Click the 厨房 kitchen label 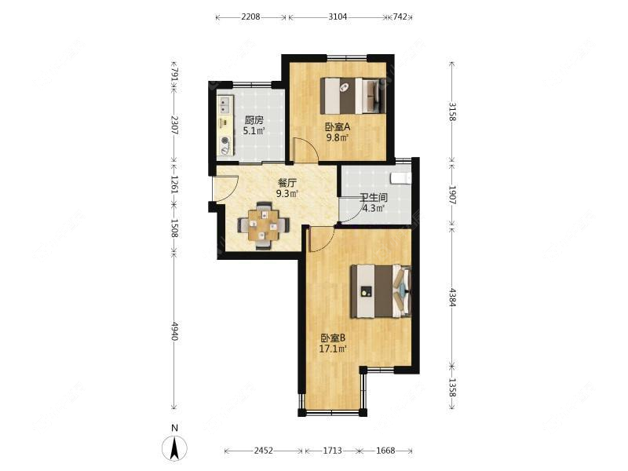click(254, 120)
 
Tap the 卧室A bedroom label click(338, 127)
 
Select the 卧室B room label click(332, 338)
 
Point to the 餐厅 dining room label click(287, 184)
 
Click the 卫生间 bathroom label click(374, 198)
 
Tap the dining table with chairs click(263, 226)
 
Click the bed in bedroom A click(352, 96)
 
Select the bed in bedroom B click(381, 291)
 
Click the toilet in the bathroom click(401, 177)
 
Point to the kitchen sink click(225, 104)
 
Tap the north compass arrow click(174, 448)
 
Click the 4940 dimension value click(174, 330)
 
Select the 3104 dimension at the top click(338, 16)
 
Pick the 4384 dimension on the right click(452, 298)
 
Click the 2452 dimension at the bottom click(263, 451)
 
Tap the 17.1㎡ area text click(332, 349)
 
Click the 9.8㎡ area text click(338, 138)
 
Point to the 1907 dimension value click(452, 195)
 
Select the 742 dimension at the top click(400, 16)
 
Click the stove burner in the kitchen click(225, 141)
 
